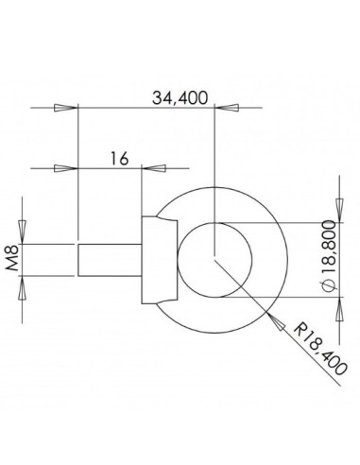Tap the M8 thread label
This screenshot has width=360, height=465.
13,259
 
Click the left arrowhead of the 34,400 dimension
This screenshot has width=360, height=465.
63,109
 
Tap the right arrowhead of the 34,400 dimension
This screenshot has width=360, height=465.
231,109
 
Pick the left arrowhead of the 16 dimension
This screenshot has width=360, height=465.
63,169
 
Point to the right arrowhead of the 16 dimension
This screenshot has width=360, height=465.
154,169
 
